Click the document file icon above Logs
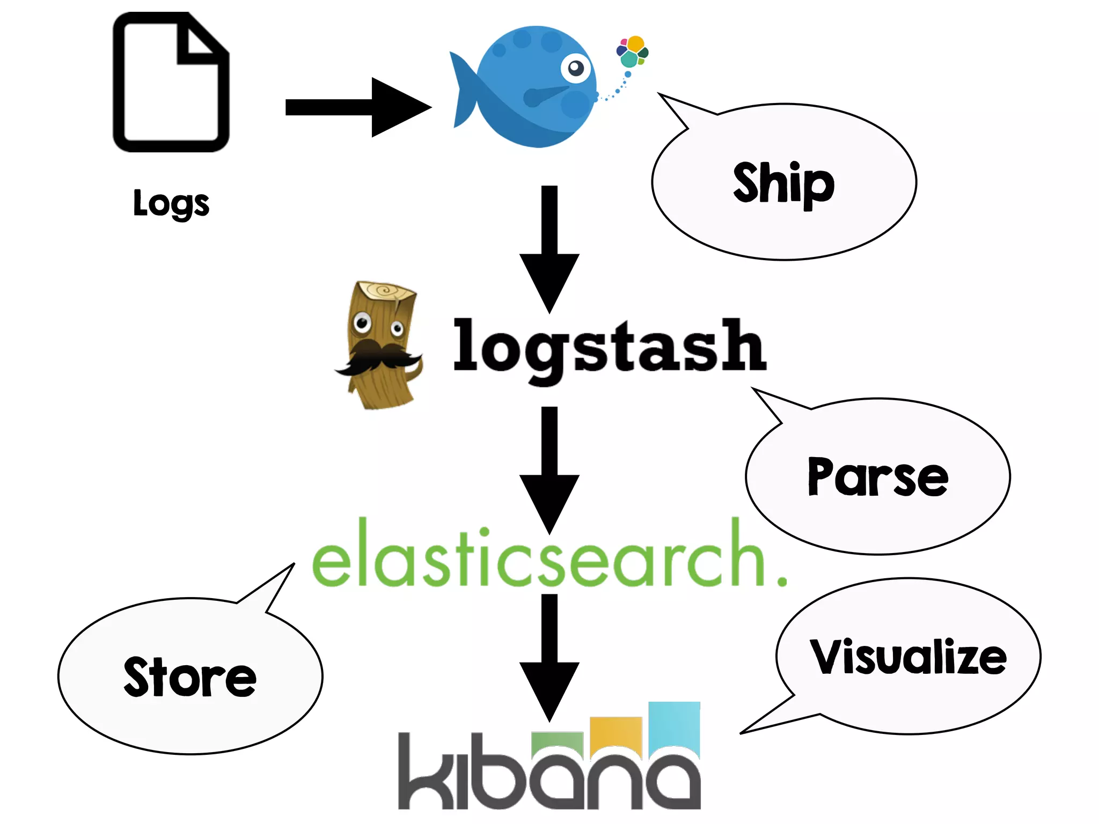(171, 83)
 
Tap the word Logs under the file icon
(171, 204)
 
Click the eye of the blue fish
(576, 68)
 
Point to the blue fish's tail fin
(463, 89)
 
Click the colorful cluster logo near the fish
(633, 51)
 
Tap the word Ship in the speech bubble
(783, 183)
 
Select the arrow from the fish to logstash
(549, 249)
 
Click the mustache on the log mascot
(378, 357)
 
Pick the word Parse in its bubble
(877, 477)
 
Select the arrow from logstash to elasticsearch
(549, 469)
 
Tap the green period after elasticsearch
(781, 580)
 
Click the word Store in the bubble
(190, 678)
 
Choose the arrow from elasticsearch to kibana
(549, 657)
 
